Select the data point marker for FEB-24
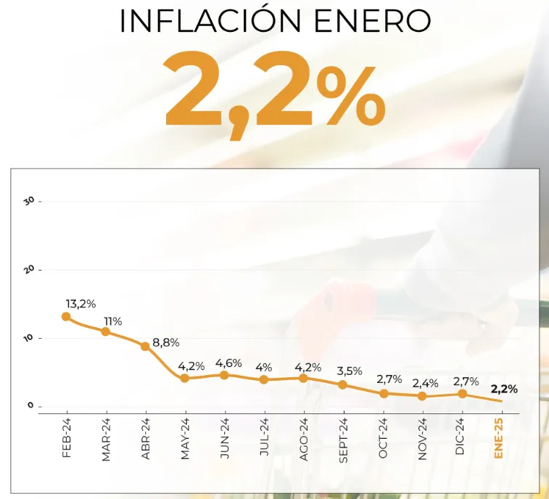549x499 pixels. (x=66, y=316)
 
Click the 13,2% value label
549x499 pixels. (x=81, y=303)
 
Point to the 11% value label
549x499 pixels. (x=112, y=321)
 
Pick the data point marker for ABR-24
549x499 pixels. (x=145, y=346)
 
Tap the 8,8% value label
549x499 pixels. (x=165, y=342)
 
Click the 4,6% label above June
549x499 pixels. (x=228, y=363)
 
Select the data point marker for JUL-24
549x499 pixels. (x=264, y=379)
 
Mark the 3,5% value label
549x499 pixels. (x=349, y=371)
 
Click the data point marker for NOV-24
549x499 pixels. (x=422, y=396)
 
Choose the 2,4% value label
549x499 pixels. (x=426, y=383)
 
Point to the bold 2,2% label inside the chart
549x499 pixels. (x=504, y=389)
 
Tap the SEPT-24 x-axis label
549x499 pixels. (x=343, y=440)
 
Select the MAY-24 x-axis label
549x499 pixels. (x=185, y=439)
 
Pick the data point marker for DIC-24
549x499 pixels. (x=462, y=394)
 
